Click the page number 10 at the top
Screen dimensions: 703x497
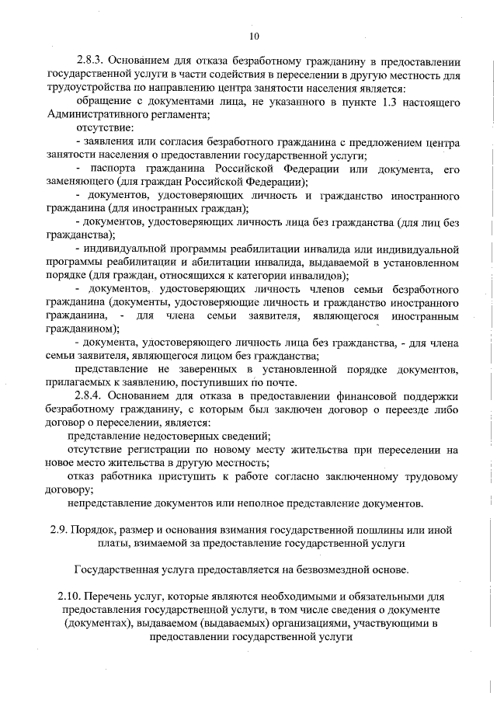coord(254,34)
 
